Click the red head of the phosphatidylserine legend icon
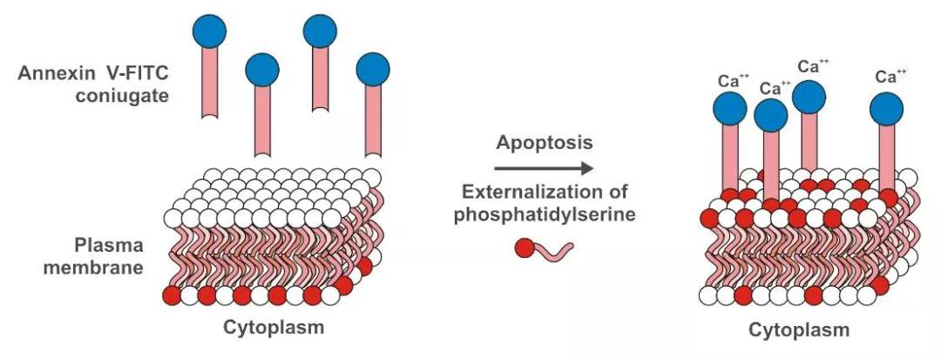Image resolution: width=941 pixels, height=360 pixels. tap(524, 250)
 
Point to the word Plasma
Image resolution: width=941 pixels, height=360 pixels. tap(111, 245)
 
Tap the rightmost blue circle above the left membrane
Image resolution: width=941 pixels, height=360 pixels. tap(374, 68)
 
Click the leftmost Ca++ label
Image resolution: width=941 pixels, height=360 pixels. tap(733, 80)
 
